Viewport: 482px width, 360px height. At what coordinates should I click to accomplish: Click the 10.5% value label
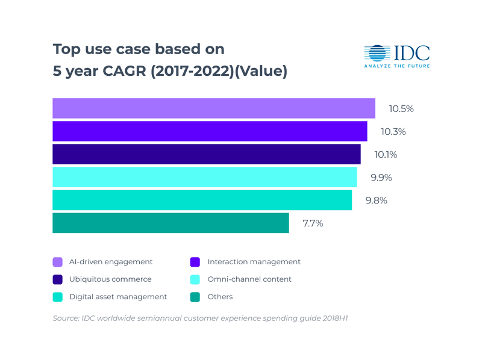(401, 109)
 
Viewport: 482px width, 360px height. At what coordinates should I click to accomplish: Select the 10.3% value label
(393, 131)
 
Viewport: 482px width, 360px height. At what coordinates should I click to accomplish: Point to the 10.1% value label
(386, 154)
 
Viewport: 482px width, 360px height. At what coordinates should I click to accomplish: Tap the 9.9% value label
(381, 178)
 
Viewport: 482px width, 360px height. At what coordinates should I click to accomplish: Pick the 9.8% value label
(377, 200)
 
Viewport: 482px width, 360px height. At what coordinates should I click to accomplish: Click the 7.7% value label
(313, 223)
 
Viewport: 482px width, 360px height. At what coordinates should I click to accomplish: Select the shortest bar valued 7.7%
(171, 223)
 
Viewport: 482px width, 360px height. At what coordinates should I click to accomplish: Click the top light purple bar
(214, 108)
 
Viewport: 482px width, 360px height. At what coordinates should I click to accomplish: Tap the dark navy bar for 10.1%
(206, 154)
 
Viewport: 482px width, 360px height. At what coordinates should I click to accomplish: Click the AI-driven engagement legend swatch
(58, 262)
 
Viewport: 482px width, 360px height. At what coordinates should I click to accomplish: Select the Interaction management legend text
(254, 262)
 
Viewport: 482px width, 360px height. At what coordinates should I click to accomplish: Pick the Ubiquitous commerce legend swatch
(58, 279)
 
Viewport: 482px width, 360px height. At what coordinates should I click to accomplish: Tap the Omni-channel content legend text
(249, 279)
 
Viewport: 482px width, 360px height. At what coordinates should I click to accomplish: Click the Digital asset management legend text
(118, 297)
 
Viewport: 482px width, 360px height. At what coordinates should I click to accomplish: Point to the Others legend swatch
(195, 297)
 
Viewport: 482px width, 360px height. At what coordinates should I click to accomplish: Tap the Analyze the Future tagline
(397, 66)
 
